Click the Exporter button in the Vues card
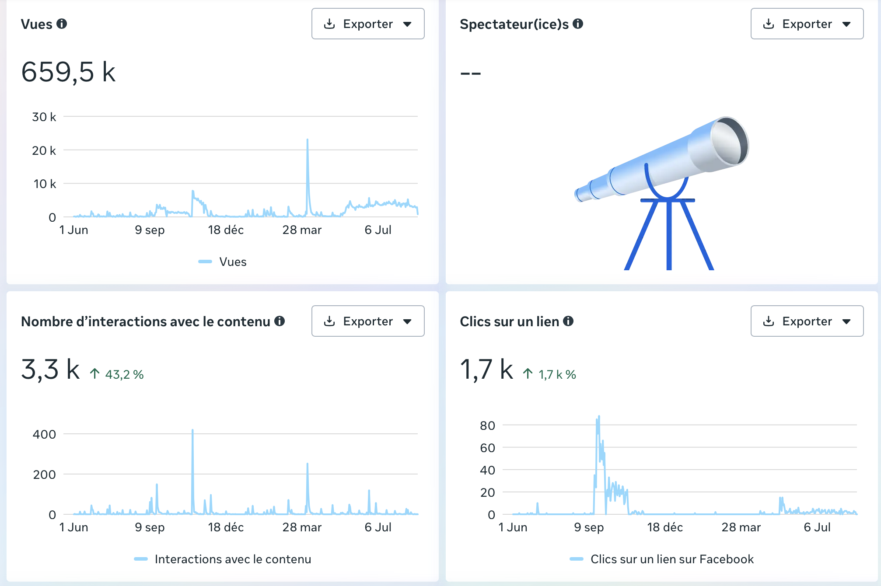click(x=368, y=24)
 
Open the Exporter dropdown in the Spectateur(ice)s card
click(x=807, y=24)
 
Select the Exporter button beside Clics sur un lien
click(x=807, y=321)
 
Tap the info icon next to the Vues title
click(x=62, y=24)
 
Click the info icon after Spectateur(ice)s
click(x=578, y=24)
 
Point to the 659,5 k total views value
click(x=68, y=72)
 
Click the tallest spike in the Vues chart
click(x=308, y=140)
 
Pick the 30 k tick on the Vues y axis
click(x=44, y=117)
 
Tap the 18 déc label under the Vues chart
click(x=226, y=230)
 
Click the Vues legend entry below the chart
click(x=223, y=262)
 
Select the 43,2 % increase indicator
click(x=117, y=374)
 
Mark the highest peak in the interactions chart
click(x=192, y=430)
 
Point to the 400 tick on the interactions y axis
click(x=44, y=434)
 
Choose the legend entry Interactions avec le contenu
click(x=223, y=559)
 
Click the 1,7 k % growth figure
click(x=549, y=374)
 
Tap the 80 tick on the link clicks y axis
click(x=487, y=426)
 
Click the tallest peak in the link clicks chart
click(x=598, y=417)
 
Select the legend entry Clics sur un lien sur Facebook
click(x=662, y=559)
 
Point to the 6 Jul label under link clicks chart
click(x=817, y=527)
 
